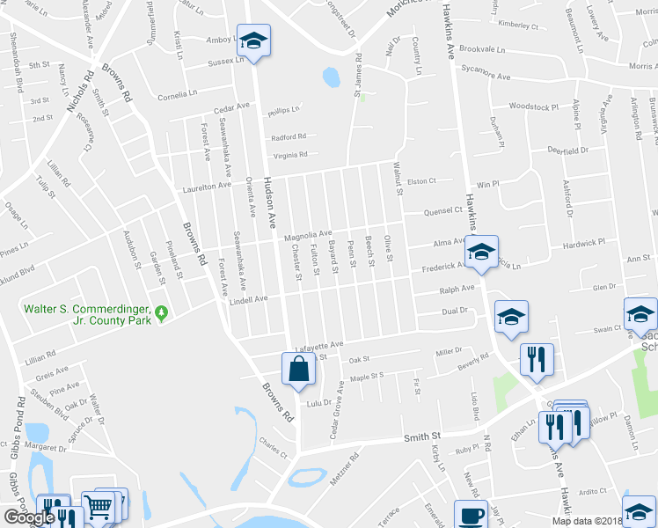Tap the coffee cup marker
pyautogui.click(x=470, y=516)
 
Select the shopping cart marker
pyautogui.click(x=98, y=507)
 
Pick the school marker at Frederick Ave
pyautogui.click(x=481, y=252)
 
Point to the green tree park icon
pyautogui.click(x=161, y=313)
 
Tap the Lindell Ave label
pyautogui.click(x=248, y=299)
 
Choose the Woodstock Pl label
pyautogui.click(x=533, y=106)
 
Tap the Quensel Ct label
pyautogui.click(x=443, y=210)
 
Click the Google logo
pyautogui.click(x=28, y=518)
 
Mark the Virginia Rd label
pyautogui.click(x=290, y=155)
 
